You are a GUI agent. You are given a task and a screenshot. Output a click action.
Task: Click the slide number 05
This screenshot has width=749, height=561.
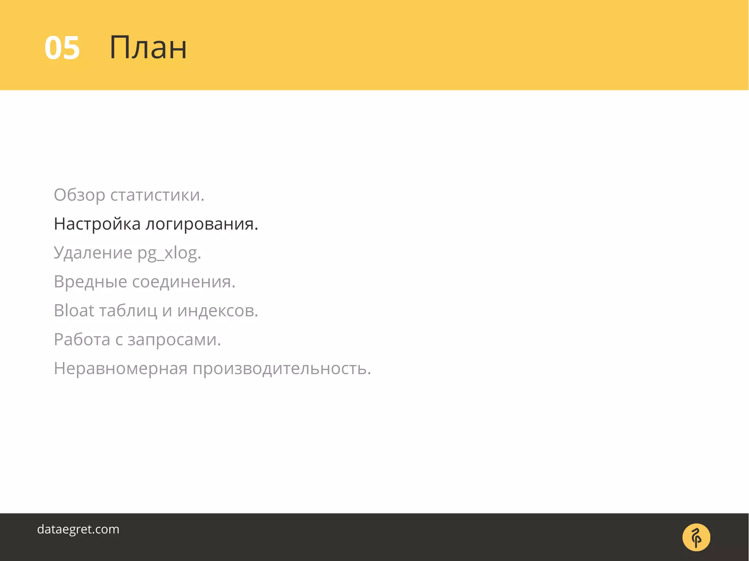click(62, 48)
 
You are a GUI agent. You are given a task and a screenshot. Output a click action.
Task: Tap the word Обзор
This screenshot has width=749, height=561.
click(79, 195)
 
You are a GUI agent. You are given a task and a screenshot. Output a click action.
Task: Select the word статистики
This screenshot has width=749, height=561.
click(157, 195)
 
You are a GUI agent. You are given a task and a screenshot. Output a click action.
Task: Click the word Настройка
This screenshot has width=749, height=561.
click(97, 224)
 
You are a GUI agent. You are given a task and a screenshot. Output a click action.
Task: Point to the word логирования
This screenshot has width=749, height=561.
click(202, 224)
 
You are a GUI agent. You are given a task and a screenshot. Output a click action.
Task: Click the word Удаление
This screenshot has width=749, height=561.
click(93, 253)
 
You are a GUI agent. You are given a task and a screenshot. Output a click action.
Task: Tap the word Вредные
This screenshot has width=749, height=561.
click(90, 282)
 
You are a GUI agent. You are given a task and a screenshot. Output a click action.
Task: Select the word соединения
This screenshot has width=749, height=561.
click(184, 282)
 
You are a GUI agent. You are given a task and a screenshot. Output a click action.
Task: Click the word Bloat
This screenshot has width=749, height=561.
click(74, 311)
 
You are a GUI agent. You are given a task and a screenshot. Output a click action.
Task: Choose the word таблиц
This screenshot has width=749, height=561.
click(128, 311)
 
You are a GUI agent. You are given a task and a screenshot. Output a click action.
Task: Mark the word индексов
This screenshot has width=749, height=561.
click(218, 311)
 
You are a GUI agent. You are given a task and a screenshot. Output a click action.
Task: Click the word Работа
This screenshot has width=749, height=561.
click(82, 340)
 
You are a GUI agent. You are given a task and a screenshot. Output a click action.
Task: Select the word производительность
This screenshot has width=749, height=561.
click(282, 368)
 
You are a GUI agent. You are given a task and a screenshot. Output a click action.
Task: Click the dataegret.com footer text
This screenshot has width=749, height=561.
click(78, 529)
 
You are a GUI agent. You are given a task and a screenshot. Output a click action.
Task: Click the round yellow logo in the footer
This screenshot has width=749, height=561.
click(696, 537)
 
